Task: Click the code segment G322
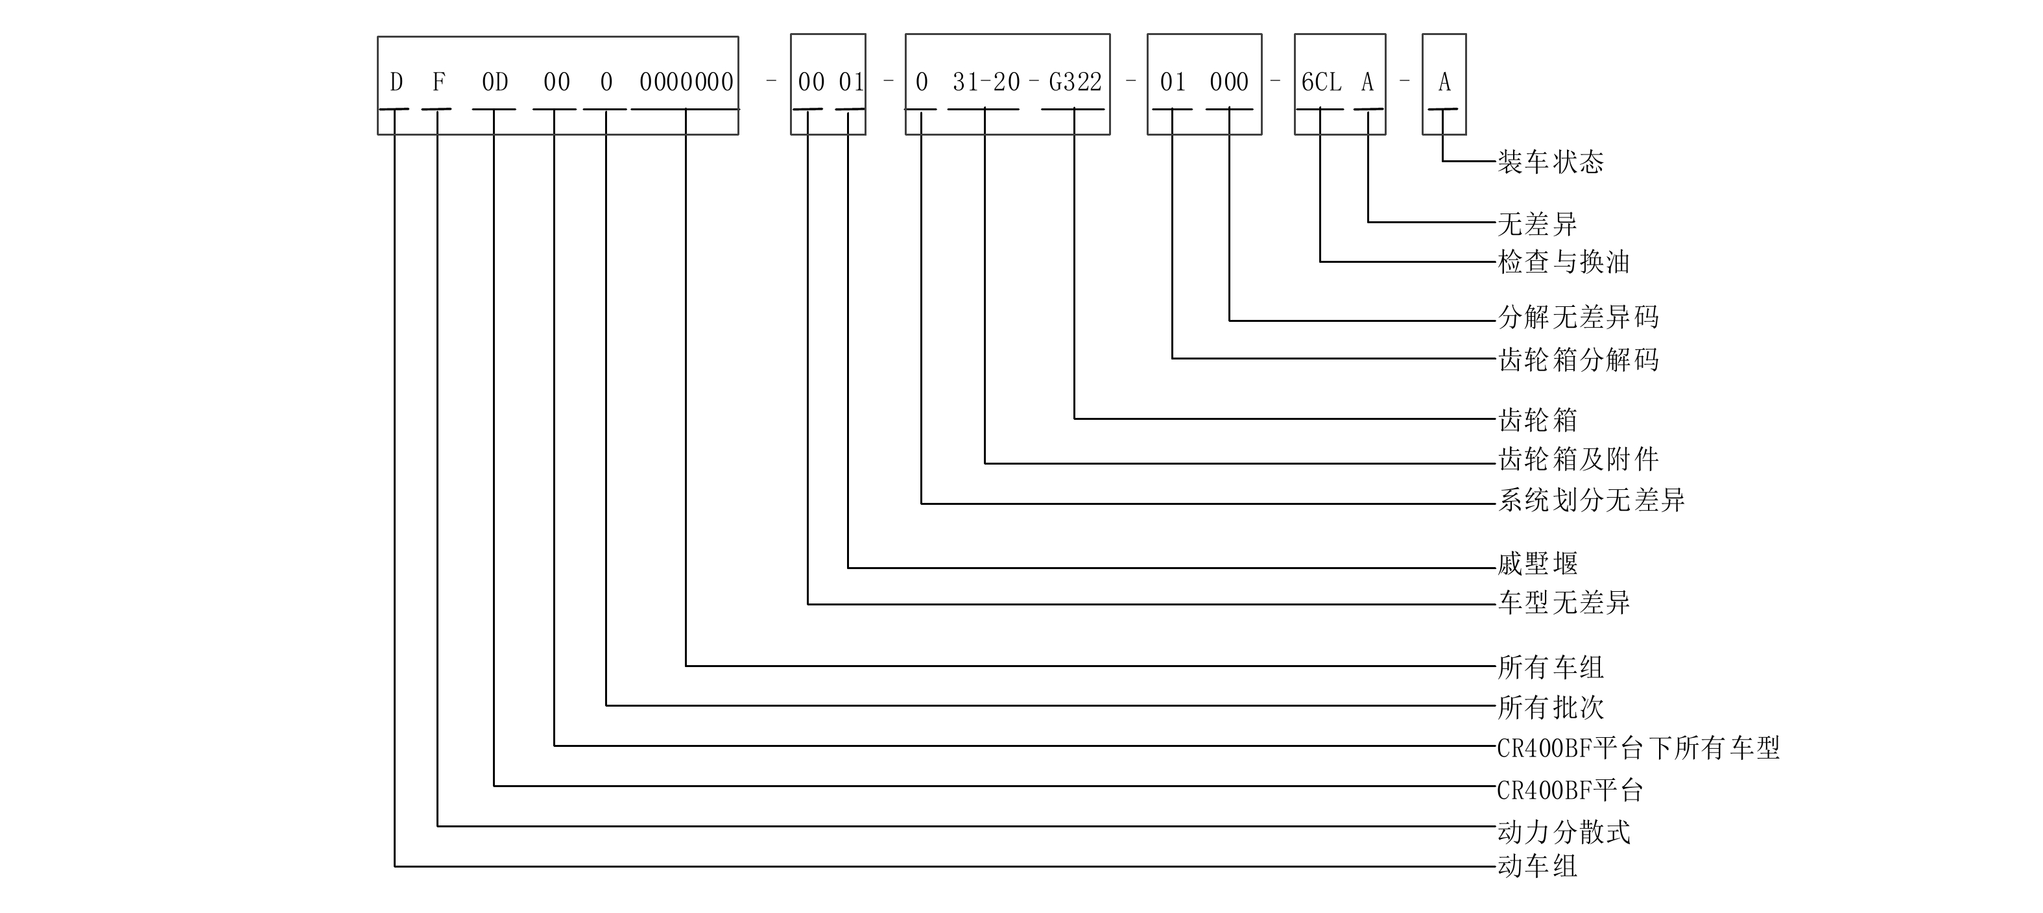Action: pyautogui.click(x=1075, y=82)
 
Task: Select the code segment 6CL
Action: pyautogui.click(x=1321, y=82)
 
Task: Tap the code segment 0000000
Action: pyautogui.click(x=686, y=82)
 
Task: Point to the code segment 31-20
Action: pyautogui.click(x=986, y=82)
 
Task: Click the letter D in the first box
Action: pyautogui.click(x=396, y=82)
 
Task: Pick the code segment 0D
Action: pyautogui.click(x=495, y=82)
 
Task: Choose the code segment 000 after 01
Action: pyautogui.click(x=1228, y=82)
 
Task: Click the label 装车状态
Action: pyautogui.click(x=1549, y=162)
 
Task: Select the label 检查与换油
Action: pyautogui.click(x=1563, y=262)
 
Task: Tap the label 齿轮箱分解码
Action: pyautogui.click(x=1578, y=359)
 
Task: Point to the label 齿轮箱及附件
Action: pyautogui.click(x=1578, y=459)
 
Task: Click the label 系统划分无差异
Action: pyautogui.click(x=1591, y=500)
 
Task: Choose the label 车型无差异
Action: pyautogui.click(x=1563, y=603)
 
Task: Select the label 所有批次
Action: pyautogui.click(x=1549, y=707)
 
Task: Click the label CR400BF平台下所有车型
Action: pyautogui.click(x=1638, y=748)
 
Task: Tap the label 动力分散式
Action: pyautogui.click(x=1563, y=831)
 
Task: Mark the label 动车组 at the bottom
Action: pyautogui.click(x=1537, y=866)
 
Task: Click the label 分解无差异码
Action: pyautogui.click(x=1578, y=317)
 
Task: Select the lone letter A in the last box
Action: pyautogui.click(x=1444, y=82)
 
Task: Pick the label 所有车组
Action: pyautogui.click(x=1549, y=667)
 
